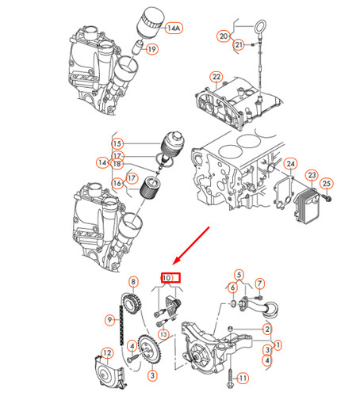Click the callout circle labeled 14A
coord(174,28)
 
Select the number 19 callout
coord(152,49)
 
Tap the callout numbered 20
coord(224,36)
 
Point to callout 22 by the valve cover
coord(215,77)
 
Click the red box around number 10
coord(171,278)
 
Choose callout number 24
coord(291,165)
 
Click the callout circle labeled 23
coord(312,175)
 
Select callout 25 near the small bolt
coord(326,184)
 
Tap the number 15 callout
coord(118,143)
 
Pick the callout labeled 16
coord(117,184)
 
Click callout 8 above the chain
coord(133,281)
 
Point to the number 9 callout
coord(111,319)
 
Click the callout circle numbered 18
coord(117,164)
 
